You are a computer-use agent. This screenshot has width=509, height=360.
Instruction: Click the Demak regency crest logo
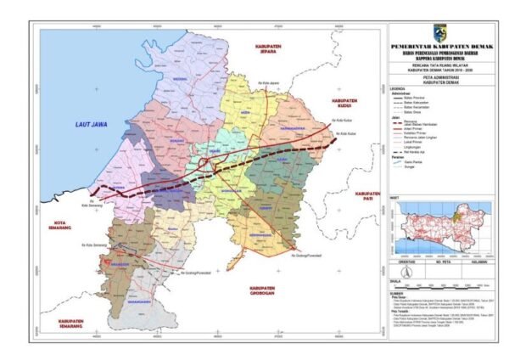coord(439,31)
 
